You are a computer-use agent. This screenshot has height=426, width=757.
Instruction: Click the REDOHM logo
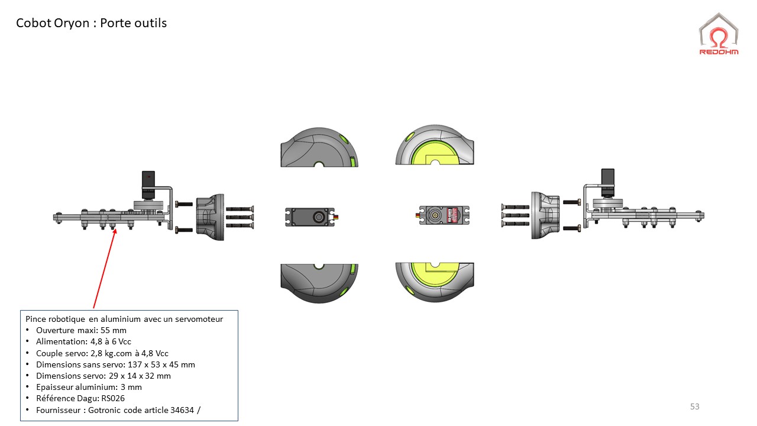(x=719, y=34)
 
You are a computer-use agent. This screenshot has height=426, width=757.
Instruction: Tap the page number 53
(x=695, y=406)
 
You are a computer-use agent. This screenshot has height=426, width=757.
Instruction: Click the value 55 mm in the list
(x=114, y=330)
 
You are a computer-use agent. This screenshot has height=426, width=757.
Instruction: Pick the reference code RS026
(x=113, y=398)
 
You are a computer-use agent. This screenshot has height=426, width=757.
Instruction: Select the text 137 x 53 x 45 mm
(x=161, y=364)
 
